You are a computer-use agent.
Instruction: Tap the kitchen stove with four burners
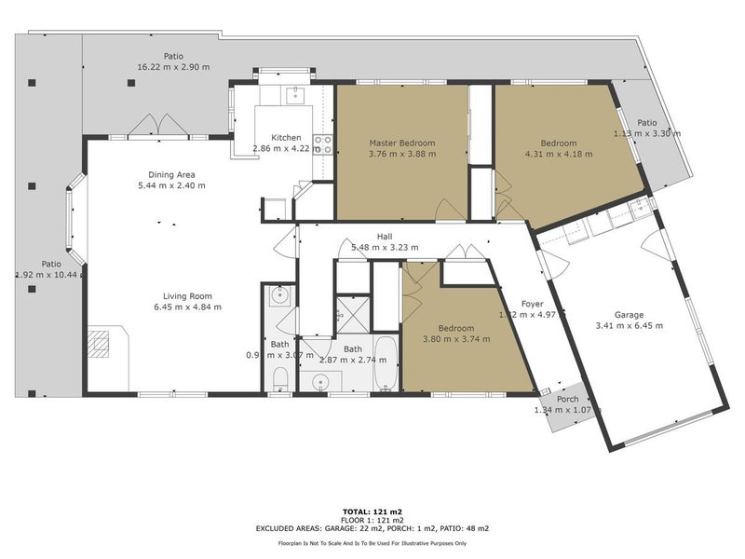coord(323,143)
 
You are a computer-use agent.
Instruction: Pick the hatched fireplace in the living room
coord(100,344)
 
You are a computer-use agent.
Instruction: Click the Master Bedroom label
coord(401,143)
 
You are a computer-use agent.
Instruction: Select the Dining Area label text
coord(169,173)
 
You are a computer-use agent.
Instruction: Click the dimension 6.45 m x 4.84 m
coord(187,307)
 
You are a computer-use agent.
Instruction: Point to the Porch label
coord(567,400)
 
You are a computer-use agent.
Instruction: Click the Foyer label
coord(532,304)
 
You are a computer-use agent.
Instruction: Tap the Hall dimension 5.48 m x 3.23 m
coord(384,248)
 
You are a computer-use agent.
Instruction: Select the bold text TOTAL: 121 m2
coord(372,511)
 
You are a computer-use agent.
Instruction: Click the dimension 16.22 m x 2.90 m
coord(174,67)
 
